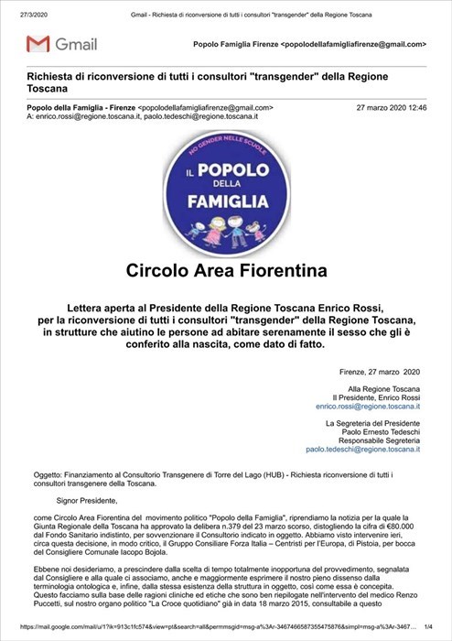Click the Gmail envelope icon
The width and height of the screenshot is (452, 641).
click(x=38, y=44)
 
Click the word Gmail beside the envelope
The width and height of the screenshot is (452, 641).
click(x=76, y=44)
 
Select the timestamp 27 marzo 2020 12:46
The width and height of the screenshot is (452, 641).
click(x=392, y=107)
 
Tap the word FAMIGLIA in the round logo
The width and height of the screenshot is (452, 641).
click(x=226, y=201)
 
